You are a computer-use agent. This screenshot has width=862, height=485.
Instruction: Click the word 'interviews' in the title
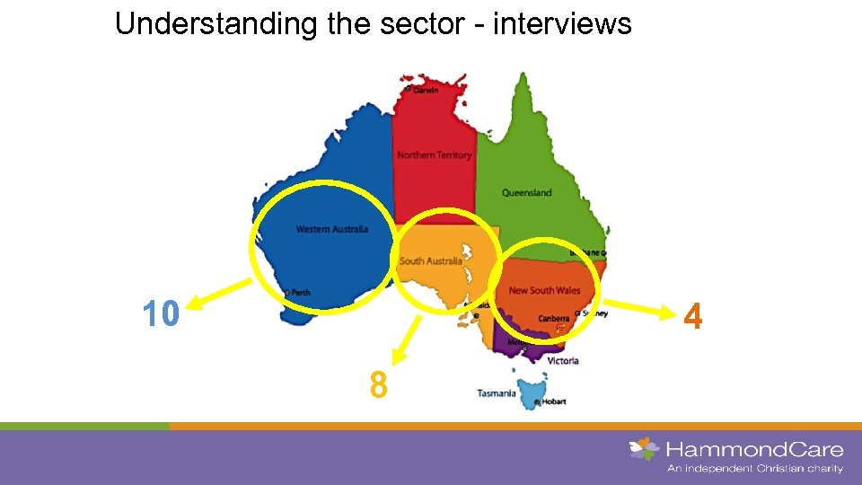(x=562, y=23)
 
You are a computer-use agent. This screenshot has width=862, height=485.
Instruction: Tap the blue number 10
(x=162, y=313)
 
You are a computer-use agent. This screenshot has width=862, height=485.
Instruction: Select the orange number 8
(x=379, y=385)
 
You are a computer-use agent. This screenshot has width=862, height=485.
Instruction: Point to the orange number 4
(x=691, y=317)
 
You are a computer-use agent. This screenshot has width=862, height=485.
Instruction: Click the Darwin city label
(x=426, y=90)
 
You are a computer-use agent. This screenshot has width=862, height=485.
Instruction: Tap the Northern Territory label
(x=434, y=155)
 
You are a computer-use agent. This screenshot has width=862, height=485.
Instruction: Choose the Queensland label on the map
(x=527, y=192)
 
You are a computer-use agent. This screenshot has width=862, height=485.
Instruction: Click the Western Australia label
(x=332, y=229)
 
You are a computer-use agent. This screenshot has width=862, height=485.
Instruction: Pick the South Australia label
(x=431, y=260)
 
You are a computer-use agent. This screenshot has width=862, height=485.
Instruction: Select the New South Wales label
(x=544, y=290)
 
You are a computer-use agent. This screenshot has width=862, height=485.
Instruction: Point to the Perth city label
(x=300, y=293)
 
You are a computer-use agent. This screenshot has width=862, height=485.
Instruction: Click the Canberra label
(x=553, y=318)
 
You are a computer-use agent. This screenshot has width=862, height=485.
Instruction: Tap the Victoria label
(x=563, y=361)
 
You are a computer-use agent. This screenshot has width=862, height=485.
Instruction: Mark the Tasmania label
(x=497, y=393)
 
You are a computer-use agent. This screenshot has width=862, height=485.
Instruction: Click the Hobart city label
(x=551, y=401)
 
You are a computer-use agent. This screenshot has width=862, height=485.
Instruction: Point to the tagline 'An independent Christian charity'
(x=754, y=468)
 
